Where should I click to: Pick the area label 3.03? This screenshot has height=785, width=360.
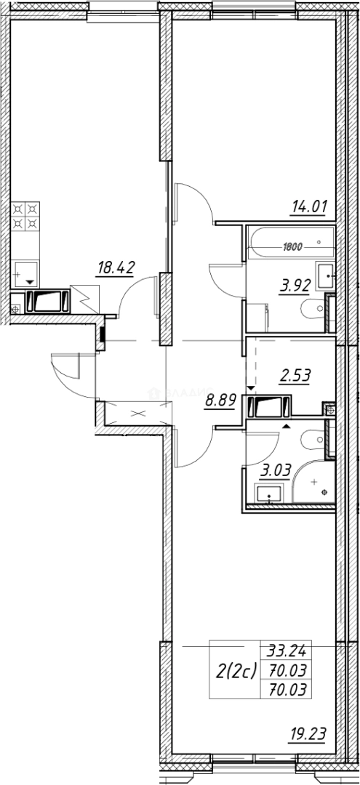click(277, 470)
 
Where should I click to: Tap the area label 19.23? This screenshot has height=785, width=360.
click(306, 735)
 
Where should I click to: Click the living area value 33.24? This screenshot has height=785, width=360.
click(285, 652)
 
